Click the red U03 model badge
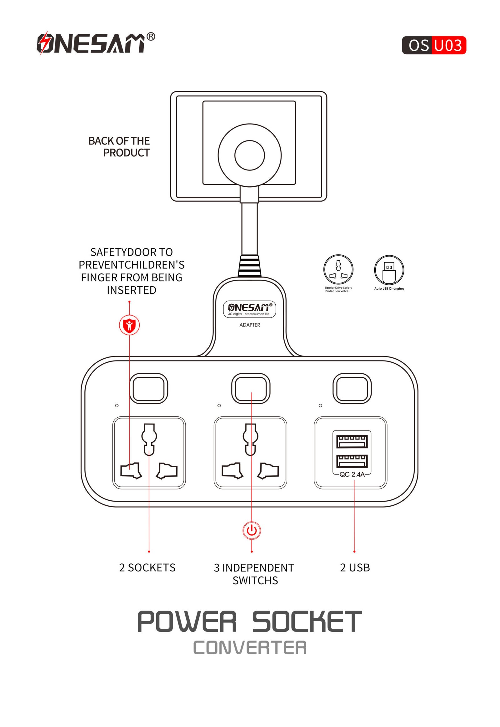448,45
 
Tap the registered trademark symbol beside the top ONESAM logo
151,37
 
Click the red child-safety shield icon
129,325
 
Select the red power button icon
252,530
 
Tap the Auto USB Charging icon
389,270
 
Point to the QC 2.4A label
352,474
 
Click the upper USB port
352,441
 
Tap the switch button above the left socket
148,388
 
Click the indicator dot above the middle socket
219,405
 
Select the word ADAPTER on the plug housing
250,325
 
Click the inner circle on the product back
250,155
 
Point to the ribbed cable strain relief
249,266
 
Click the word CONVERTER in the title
250,648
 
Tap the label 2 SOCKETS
147,568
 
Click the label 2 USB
355,568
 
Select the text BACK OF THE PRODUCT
119,146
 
